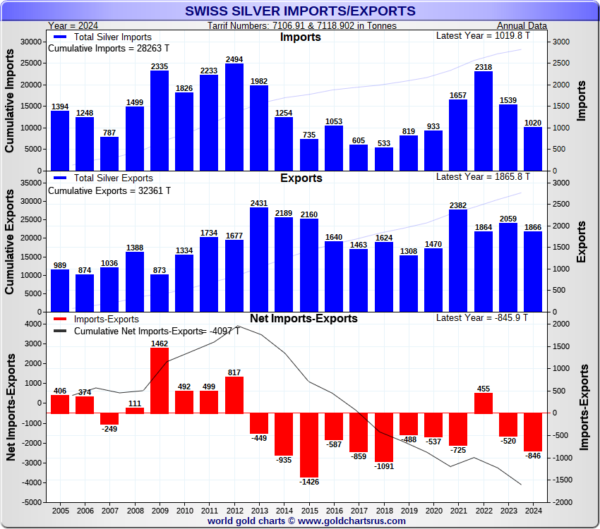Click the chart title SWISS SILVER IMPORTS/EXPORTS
point(300,11)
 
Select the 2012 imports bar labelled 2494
point(234,117)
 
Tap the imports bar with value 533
point(384,159)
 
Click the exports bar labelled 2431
point(259,260)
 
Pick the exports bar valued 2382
point(458,260)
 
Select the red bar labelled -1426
point(308,445)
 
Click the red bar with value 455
point(484,403)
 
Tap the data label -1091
point(384,466)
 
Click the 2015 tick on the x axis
point(308,510)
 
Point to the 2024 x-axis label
point(533,510)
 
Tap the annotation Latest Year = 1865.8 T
point(482,176)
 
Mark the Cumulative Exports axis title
point(11,247)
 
